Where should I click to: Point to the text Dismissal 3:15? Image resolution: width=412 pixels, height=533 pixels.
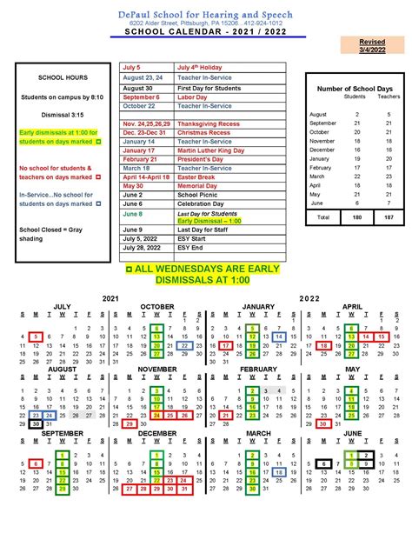57,114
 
